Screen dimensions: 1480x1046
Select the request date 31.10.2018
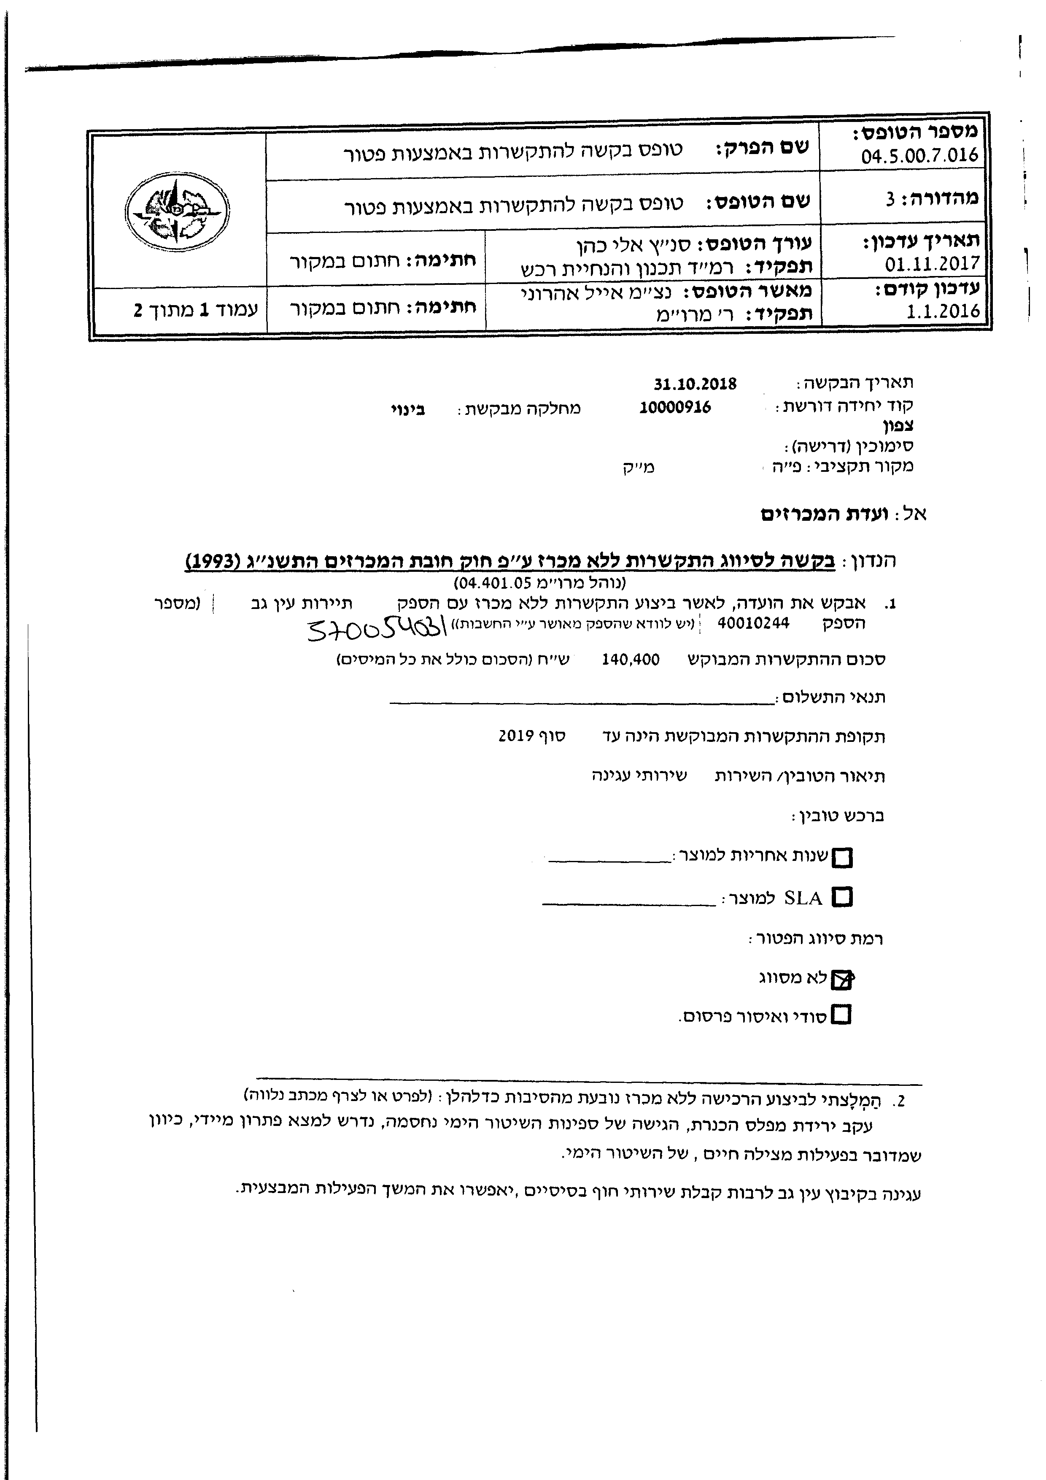coord(695,384)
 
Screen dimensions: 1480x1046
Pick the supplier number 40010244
coord(753,623)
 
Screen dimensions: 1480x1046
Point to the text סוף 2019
coord(531,736)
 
